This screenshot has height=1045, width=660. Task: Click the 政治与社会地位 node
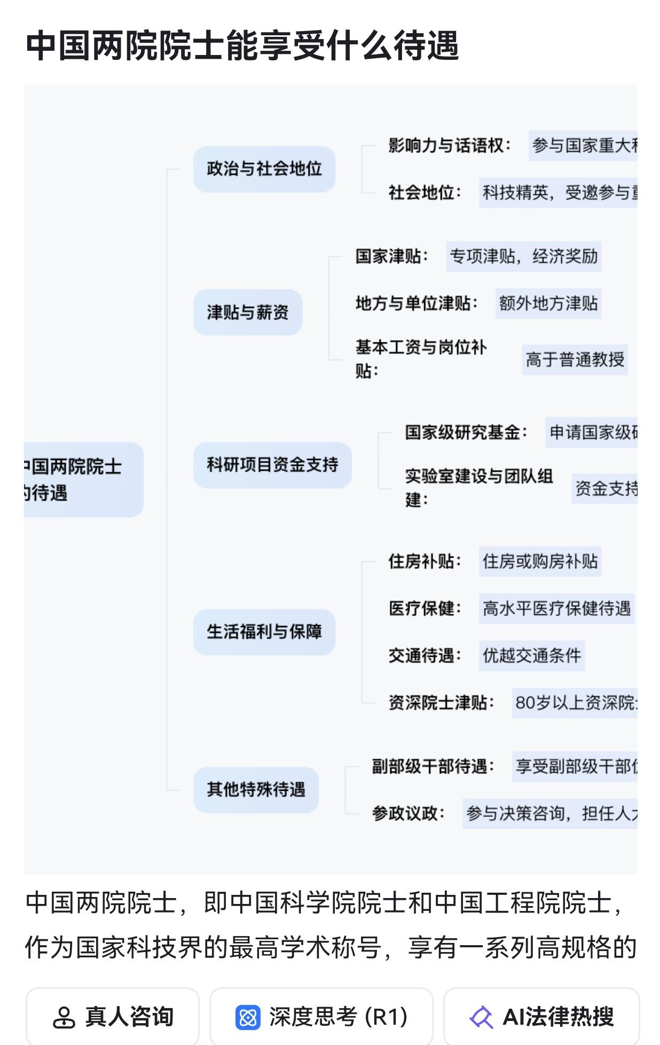point(264,169)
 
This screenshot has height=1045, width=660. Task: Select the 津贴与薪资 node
point(248,313)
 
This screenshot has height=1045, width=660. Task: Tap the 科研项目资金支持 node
point(272,465)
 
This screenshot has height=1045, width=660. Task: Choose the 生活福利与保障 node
point(264,632)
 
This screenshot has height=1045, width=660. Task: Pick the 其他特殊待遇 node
point(256,790)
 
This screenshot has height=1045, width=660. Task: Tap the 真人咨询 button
point(113,1017)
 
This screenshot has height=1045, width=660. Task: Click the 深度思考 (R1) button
point(321,1017)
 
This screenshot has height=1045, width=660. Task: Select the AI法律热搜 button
point(541,1017)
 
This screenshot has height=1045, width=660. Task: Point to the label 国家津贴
point(391,256)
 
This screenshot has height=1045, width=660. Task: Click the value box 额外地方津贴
point(548,303)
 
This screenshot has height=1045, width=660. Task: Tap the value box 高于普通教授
point(575,360)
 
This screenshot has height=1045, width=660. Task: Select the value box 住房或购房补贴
point(540,562)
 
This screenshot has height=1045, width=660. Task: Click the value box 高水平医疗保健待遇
point(556,609)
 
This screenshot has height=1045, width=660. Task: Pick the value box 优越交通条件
point(532,656)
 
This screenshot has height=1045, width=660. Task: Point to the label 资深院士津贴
point(441,703)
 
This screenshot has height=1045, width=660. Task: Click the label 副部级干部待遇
point(433,767)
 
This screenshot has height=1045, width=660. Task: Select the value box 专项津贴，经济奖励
point(523,256)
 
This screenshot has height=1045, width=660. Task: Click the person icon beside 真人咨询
point(64,1017)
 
